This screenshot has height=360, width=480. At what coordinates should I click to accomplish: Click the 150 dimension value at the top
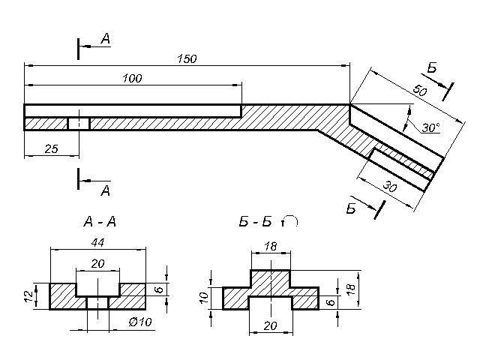tap(187, 58)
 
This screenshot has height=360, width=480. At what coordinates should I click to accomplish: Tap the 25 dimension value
tap(51, 149)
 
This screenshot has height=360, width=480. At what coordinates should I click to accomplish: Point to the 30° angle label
tap(430, 127)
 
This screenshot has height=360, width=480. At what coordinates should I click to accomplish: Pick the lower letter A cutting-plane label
tap(106, 190)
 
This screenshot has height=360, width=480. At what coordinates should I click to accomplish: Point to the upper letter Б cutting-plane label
tap(433, 69)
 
